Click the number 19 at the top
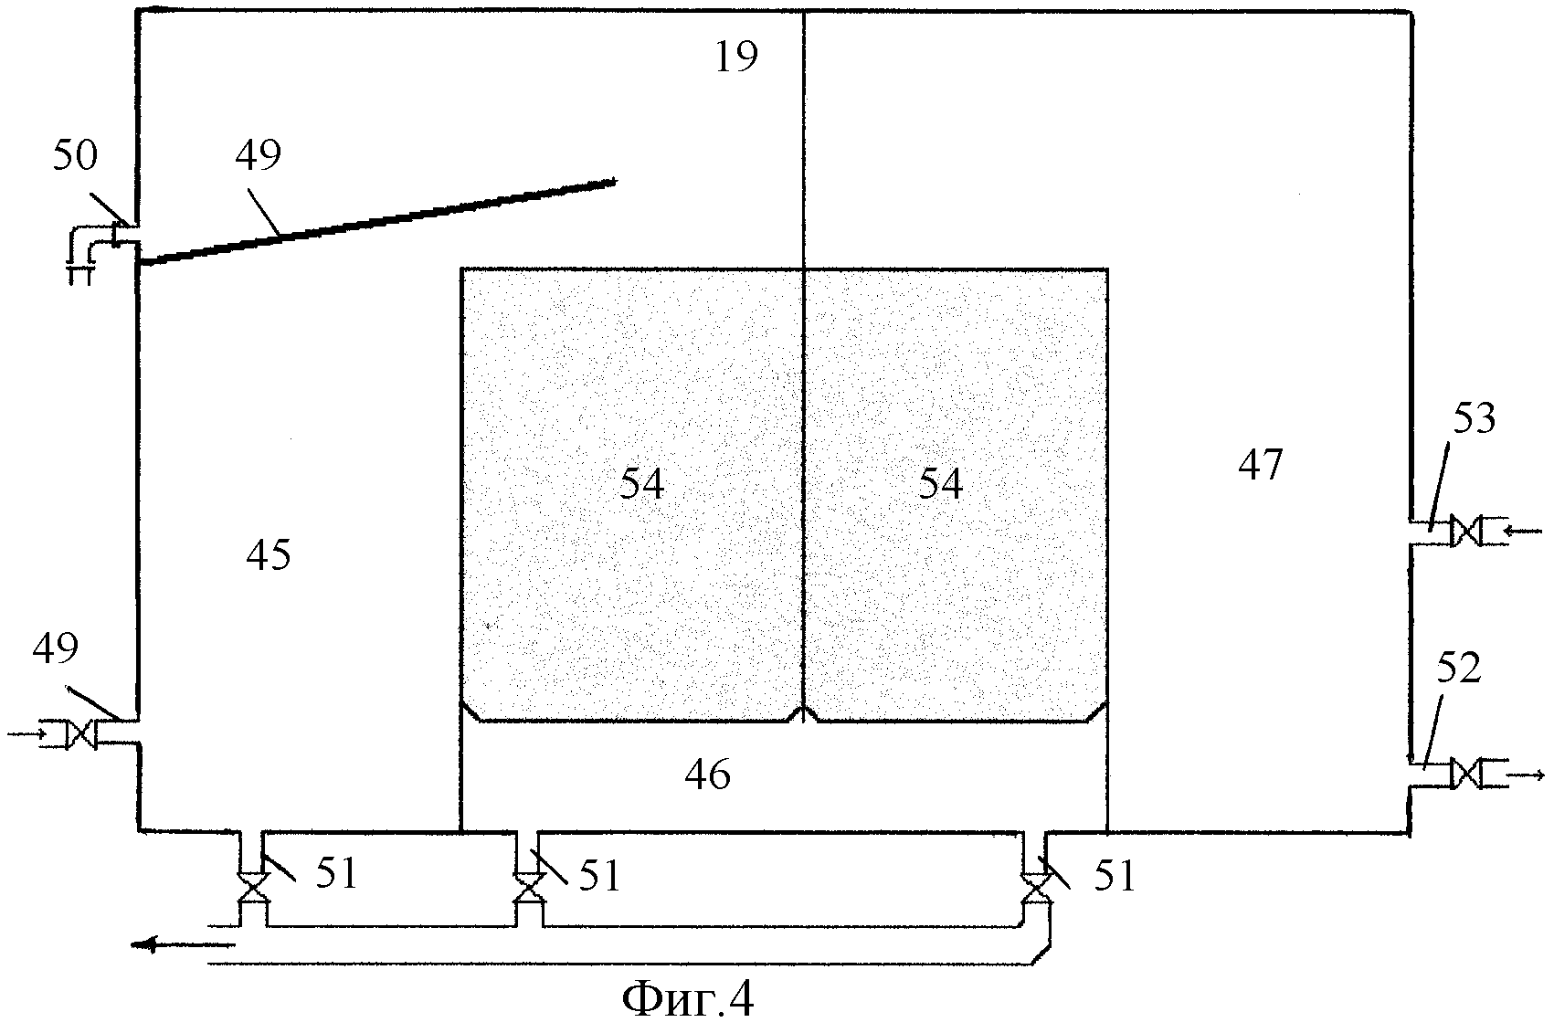(736, 58)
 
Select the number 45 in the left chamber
(269, 554)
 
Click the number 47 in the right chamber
(1261, 466)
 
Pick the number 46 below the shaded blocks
(708, 775)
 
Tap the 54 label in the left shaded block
(642, 484)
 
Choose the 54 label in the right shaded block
(941, 484)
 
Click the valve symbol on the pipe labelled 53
(1465, 531)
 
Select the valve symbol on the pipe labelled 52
(1465, 774)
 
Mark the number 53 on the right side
(1472, 419)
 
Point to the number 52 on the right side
(1457, 669)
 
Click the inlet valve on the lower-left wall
(82, 733)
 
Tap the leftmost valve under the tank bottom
(251, 887)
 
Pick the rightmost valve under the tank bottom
(1035, 887)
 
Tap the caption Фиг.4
(688, 1000)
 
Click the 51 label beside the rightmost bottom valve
(1115, 877)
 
